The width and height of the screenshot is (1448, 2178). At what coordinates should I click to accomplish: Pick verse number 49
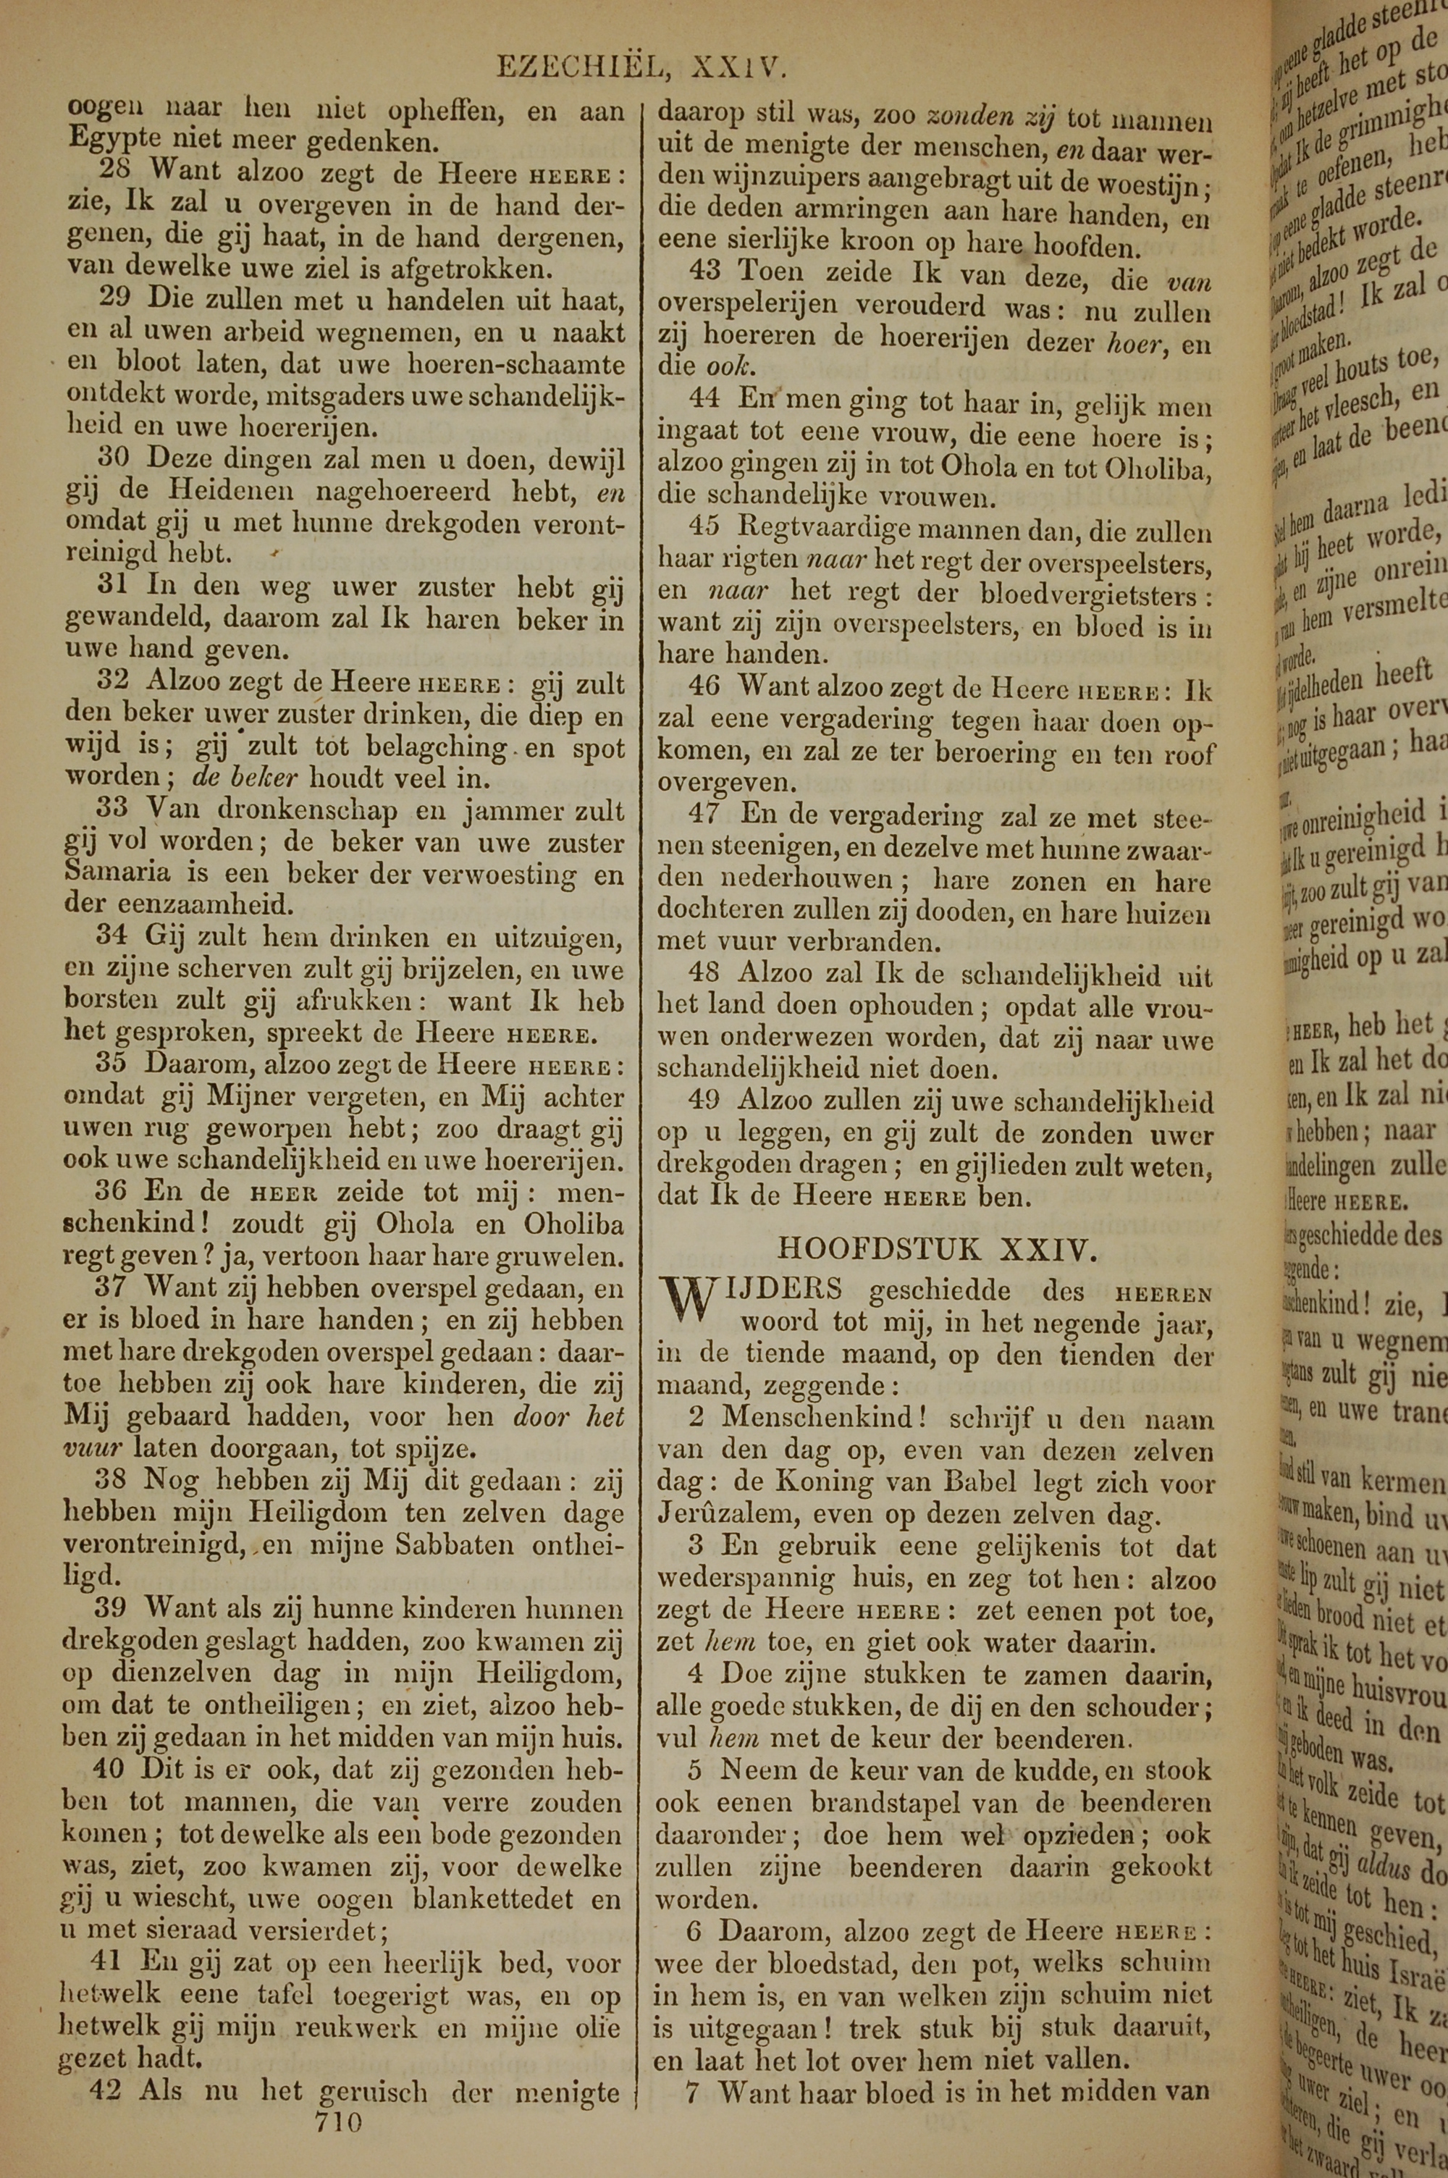(x=707, y=1100)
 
